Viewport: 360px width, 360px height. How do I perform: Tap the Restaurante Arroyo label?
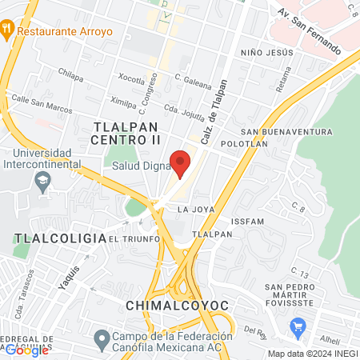coord(64,33)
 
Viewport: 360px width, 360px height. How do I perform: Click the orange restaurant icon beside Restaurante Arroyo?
coord(7,30)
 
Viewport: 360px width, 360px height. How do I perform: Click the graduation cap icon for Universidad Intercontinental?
coord(42,182)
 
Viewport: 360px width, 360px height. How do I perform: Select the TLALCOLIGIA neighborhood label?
coord(60,238)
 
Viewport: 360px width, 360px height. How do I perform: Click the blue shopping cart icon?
coord(299,326)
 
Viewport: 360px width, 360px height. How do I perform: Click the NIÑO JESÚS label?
coord(268,52)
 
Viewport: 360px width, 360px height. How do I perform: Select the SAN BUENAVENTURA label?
coord(286,131)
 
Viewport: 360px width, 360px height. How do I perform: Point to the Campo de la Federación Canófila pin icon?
coord(101,340)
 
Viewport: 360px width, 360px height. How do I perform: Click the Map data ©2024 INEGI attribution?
coord(312,354)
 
